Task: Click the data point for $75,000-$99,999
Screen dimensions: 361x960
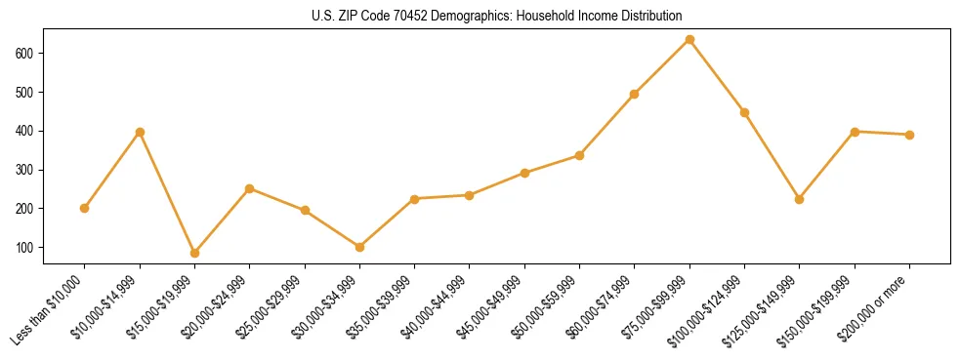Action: (689, 40)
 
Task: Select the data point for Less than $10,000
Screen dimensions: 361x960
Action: (85, 208)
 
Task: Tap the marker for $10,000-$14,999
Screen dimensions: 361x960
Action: (140, 132)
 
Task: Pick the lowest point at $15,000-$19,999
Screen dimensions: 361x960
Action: (194, 253)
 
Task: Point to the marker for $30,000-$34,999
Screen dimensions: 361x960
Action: (359, 247)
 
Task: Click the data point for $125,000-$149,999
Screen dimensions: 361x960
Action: (800, 199)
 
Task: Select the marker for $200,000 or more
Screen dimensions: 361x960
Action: (909, 135)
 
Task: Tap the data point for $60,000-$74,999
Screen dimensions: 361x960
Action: (635, 94)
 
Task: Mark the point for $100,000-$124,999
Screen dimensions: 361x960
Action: (744, 112)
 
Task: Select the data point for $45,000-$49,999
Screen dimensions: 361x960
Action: (524, 173)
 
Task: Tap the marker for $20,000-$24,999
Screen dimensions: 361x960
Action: (249, 188)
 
